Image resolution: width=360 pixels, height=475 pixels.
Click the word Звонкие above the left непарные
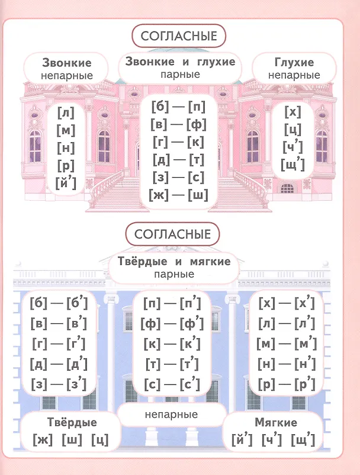point(66,63)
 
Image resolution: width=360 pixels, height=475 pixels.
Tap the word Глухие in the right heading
point(294,62)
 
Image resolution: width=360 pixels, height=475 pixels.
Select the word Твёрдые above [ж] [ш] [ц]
point(72,422)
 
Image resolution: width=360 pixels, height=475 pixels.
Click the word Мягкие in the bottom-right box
point(276,422)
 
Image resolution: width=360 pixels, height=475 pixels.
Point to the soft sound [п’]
point(191,303)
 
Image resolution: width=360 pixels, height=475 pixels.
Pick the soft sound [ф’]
point(192,323)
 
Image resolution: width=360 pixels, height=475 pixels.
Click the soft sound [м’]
point(306,344)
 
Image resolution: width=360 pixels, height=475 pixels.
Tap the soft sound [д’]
point(77,364)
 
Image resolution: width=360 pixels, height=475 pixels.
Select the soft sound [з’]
point(76,384)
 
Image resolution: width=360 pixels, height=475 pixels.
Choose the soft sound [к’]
point(190,344)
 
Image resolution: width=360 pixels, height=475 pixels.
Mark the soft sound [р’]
point(305,384)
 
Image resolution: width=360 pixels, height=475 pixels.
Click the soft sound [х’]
point(304,303)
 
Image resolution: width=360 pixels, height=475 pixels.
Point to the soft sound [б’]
point(77,303)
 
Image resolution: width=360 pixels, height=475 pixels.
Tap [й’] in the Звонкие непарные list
point(66,183)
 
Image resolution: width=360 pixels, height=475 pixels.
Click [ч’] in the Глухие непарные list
point(292,147)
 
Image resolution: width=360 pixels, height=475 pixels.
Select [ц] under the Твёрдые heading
point(100,439)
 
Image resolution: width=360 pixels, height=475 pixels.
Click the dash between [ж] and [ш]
point(178,195)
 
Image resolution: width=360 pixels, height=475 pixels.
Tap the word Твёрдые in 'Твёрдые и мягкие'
point(142,261)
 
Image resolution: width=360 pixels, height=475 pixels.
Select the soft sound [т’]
point(189,364)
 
